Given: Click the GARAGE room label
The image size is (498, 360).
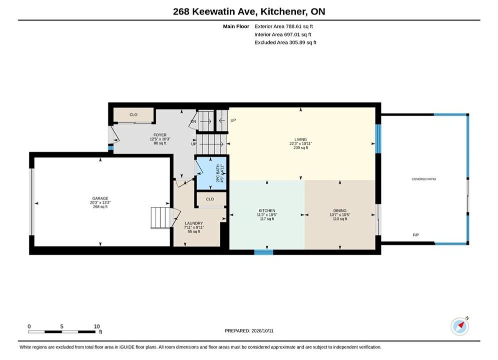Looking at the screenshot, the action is pos(100,198).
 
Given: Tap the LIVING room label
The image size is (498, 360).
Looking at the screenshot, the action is pos(300,139).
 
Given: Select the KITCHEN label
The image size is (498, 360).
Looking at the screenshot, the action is pos(267,210).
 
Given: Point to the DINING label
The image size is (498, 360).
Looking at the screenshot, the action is pos(340,210).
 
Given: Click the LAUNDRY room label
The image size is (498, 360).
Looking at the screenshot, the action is pos(194,223).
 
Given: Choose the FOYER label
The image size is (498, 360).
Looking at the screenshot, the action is pos(160,135).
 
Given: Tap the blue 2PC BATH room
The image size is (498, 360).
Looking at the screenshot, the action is pos(212,173).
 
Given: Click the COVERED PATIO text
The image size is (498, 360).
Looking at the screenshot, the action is pos(424,179).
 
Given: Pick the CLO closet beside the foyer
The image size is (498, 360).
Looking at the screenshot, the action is pos(134,115).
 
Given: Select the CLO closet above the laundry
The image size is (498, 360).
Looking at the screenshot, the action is pos(210,199).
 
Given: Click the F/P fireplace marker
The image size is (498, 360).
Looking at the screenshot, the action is pos(416,235).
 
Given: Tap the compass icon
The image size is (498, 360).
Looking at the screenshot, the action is pos(459,326).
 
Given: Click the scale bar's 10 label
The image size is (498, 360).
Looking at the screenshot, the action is pos(97,326).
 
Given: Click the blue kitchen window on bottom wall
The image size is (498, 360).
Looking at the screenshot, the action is pos(264,252).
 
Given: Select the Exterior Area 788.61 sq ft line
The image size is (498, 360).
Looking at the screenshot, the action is pos(284,26).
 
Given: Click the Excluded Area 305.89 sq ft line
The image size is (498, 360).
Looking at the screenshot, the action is pos(285,42).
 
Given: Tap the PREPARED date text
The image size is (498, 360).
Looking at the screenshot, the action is pos(249,331).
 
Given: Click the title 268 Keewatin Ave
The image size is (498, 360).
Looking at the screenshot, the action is pos(215,11).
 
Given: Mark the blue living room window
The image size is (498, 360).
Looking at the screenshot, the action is pos(378,138).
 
